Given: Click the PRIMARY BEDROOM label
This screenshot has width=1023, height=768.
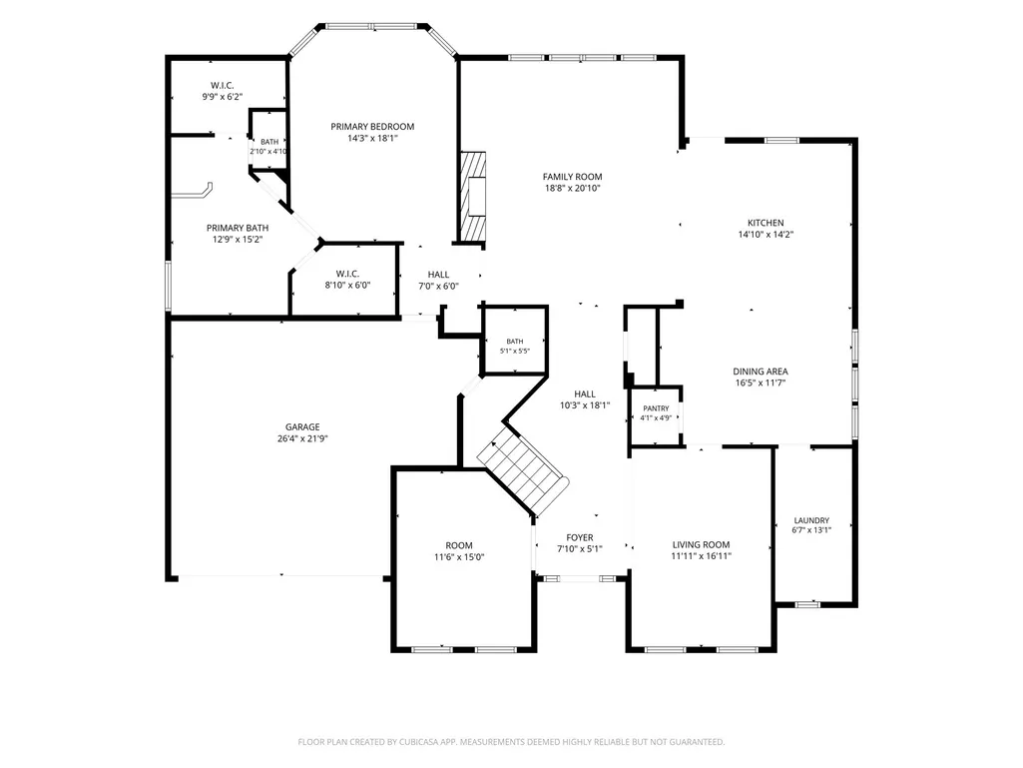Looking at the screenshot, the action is pyautogui.click(x=372, y=127).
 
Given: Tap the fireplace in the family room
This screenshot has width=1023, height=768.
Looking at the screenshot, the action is pyautogui.click(x=473, y=197).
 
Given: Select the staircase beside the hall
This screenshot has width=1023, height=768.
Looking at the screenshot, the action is pyautogui.click(x=523, y=468).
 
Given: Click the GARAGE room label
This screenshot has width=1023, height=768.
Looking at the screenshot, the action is pyautogui.click(x=302, y=427).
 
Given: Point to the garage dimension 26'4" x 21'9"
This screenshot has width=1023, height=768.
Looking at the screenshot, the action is pyautogui.click(x=302, y=438).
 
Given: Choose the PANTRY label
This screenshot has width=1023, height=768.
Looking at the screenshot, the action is pyautogui.click(x=656, y=408).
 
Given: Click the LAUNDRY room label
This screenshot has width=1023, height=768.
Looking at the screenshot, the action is pyautogui.click(x=811, y=520).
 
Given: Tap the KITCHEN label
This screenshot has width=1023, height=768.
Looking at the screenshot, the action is pyautogui.click(x=766, y=223).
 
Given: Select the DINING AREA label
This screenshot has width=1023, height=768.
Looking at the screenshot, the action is pyautogui.click(x=761, y=372).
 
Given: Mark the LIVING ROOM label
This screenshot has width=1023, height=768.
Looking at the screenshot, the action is pyautogui.click(x=702, y=544).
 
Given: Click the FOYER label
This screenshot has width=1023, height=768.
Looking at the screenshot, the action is pyautogui.click(x=579, y=537).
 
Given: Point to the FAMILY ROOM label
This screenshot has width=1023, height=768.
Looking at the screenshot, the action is pyautogui.click(x=572, y=177).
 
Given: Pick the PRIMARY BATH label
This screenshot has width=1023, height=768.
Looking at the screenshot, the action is pyautogui.click(x=238, y=228).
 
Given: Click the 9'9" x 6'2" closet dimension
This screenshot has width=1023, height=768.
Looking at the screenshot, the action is pyautogui.click(x=222, y=97).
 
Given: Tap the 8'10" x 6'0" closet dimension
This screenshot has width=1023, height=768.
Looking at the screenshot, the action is pyautogui.click(x=347, y=286).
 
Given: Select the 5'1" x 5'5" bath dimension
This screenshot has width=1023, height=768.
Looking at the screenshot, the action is pyautogui.click(x=515, y=351).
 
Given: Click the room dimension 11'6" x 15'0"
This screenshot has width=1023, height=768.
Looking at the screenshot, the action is pyautogui.click(x=459, y=557).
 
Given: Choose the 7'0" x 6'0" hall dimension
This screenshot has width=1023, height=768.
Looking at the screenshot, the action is pyautogui.click(x=438, y=286).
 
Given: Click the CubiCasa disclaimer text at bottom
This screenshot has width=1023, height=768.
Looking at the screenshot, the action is pyautogui.click(x=511, y=742).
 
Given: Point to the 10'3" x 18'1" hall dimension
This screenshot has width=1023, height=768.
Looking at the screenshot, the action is pyautogui.click(x=585, y=405).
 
